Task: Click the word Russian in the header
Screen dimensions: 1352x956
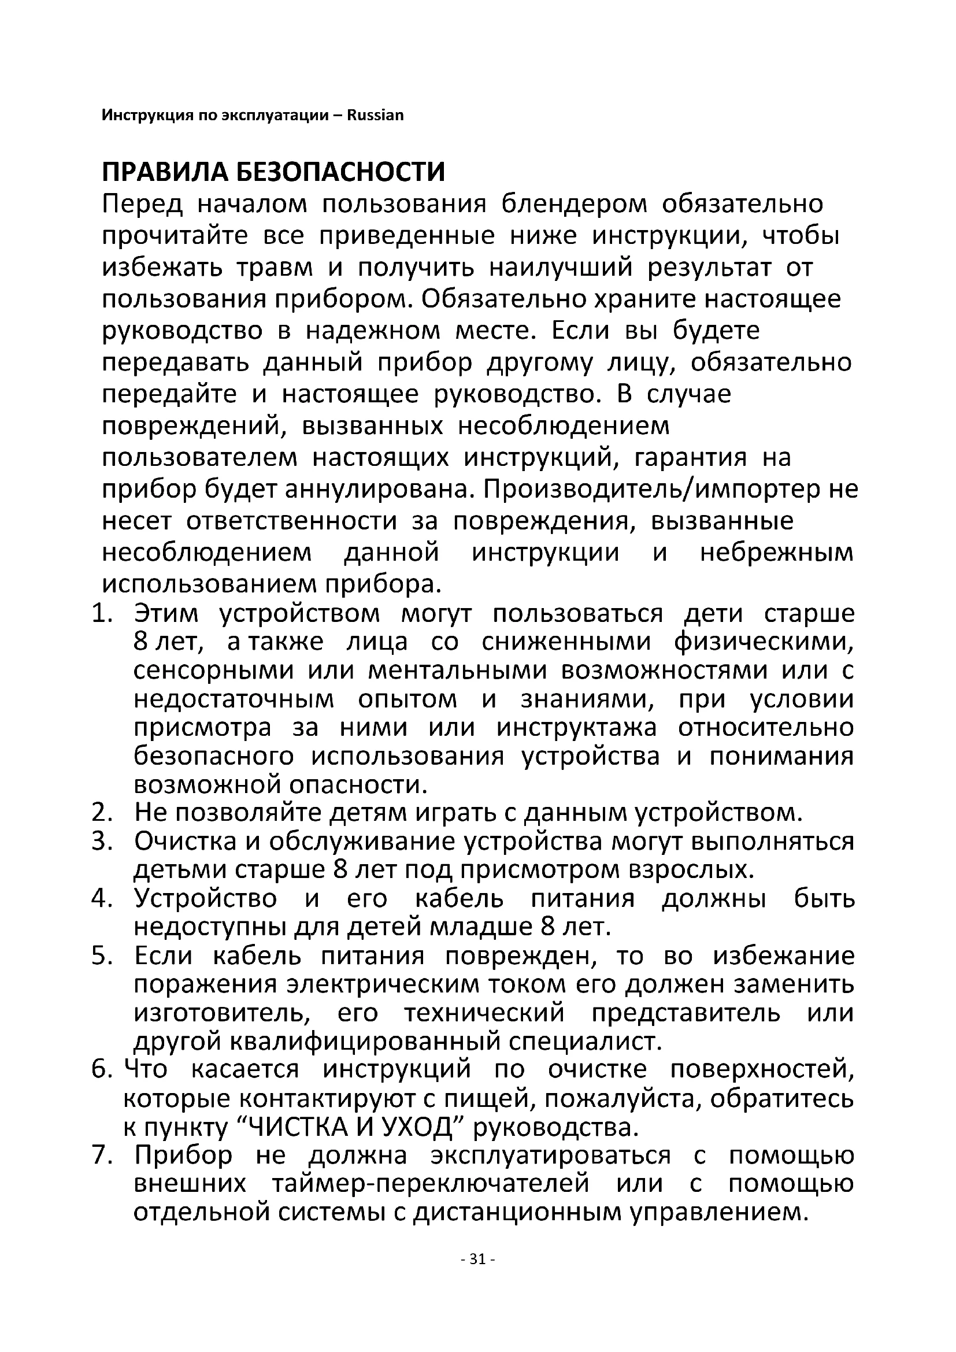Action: click(x=375, y=115)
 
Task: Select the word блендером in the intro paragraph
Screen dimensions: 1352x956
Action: click(x=574, y=204)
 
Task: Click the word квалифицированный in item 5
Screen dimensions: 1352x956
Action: click(x=364, y=1042)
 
